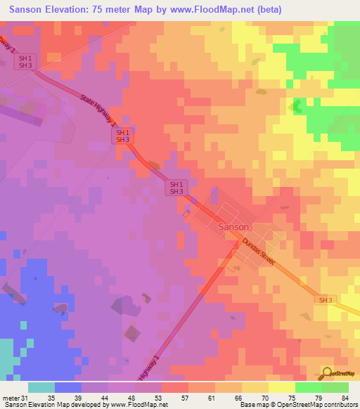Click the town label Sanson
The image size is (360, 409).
pyautogui.click(x=233, y=228)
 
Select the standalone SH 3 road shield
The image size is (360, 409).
pyautogui.click(x=325, y=300)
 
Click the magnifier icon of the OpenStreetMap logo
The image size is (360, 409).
pyautogui.click(x=326, y=373)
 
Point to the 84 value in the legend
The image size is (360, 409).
pyautogui.click(x=344, y=397)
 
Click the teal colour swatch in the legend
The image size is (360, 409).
pyautogui.click(x=41, y=387)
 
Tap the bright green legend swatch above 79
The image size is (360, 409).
pyautogui.click(x=308, y=387)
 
